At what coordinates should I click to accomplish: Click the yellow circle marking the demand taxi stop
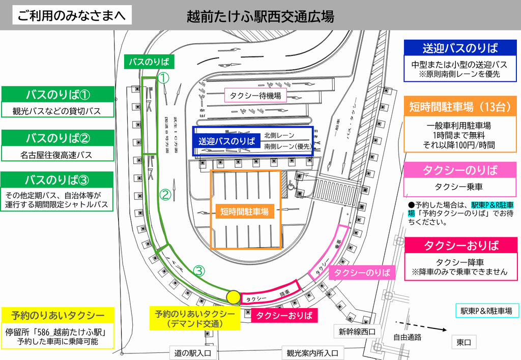pyautogui.click(x=233, y=296)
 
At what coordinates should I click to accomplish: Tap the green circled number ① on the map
pyautogui.click(x=163, y=78)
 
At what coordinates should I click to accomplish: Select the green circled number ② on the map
pyautogui.click(x=165, y=194)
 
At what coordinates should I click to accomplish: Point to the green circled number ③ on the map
pyautogui.click(x=199, y=271)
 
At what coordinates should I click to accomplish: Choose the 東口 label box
pyautogui.click(x=464, y=342)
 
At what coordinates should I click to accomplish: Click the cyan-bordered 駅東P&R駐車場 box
pyautogui.click(x=486, y=311)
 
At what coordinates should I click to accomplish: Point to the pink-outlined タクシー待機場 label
pyautogui.click(x=255, y=95)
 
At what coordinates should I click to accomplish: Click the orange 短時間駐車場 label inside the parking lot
pyautogui.click(x=244, y=212)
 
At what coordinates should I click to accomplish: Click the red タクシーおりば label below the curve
pyautogui.click(x=284, y=315)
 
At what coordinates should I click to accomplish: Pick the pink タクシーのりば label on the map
pyautogui.click(x=362, y=273)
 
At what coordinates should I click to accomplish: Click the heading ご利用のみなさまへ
pyautogui.click(x=72, y=15)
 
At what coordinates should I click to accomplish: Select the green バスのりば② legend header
pyautogui.click(x=57, y=138)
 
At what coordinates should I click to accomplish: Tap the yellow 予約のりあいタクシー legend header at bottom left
pyautogui.click(x=57, y=314)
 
